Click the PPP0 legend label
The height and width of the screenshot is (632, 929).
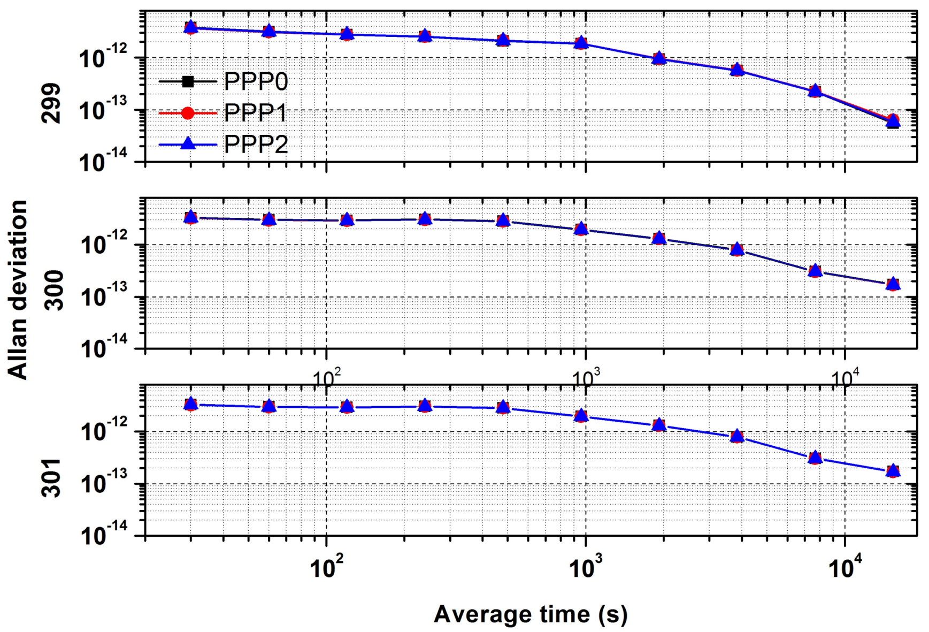(x=256, y=81)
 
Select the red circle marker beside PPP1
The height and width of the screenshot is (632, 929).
(x=188, y=113)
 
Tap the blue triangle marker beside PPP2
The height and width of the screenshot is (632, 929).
(x=188, y=143)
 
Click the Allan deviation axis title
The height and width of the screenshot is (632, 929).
(x=18, y=290)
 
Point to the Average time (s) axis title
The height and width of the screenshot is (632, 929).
(x=530, y=614)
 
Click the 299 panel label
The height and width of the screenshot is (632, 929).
(x=52, y=103)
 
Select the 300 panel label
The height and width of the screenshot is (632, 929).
(x=53, y=290)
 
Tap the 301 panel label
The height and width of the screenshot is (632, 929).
(x=52, y=477)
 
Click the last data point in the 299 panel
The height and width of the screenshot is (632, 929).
(x=893, y=121)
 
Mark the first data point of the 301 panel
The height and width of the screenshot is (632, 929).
(x=190, y=404)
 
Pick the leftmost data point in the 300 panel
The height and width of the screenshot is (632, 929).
(x=190, y=217)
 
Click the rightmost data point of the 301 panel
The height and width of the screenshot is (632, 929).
(x=893, y=471)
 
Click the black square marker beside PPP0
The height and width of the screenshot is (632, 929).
(x=188, y=82)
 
